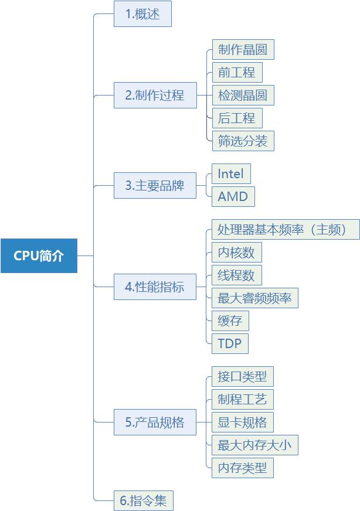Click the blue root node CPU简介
39,256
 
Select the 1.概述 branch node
142,15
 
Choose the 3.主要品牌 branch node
155,186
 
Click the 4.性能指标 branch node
155,287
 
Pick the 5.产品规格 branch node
155,423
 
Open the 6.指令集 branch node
144,501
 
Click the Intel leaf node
231,174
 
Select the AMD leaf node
233,197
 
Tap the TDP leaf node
230,343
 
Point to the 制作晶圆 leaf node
243,50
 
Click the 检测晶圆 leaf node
243,96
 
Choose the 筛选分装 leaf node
243,141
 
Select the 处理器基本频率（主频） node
286,230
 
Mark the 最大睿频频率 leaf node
254,298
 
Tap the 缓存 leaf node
230,321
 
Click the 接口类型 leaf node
243,377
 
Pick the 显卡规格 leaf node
243,423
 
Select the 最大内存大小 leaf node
254,445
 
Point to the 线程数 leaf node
236,275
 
